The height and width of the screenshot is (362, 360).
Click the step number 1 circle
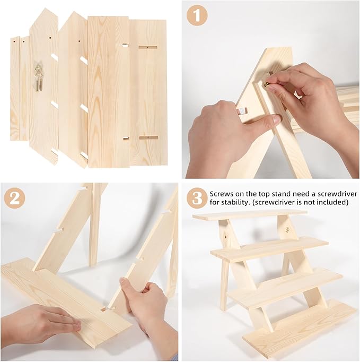coord(197,15)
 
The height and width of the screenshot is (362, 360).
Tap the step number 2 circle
coord(14,199)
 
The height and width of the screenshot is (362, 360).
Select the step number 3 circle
coord(197,199)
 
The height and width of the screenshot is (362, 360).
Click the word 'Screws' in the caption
coord(222,194)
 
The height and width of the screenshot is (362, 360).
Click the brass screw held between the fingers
coord(266,85)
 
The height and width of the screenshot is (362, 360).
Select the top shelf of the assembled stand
coord(250,215)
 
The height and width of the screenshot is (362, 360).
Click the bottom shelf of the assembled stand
coord(300,330)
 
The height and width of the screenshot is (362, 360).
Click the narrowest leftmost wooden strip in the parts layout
coord(15,89)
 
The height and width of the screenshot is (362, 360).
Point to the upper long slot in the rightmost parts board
coord(148,48)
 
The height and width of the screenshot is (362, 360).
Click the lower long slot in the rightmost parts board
coord(148,137)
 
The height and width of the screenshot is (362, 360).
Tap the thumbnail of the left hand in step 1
coord(276,119)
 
